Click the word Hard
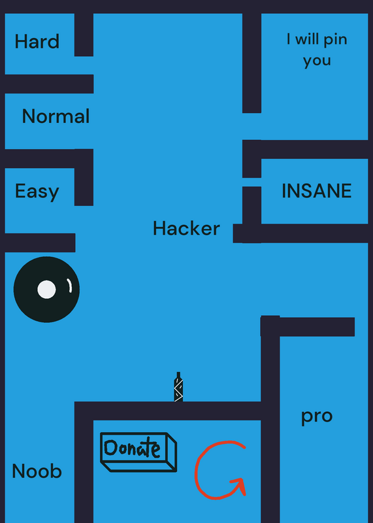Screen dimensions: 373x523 [x=37, y=41]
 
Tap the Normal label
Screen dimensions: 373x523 [x=56, y=116]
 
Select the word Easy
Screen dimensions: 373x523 [x=37, y=192]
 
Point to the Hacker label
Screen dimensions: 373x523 [x=186, y=228]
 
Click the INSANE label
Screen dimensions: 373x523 [x=316, y=191]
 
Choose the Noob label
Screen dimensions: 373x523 [x=37, y=471]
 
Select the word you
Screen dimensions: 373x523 [x=317, y=61]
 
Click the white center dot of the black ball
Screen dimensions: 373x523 [x=46, y=289]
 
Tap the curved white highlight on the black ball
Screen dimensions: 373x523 [x=69, y=286]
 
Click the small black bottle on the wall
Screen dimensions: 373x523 [x=178, y=387]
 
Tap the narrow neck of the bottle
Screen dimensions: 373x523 [x=178, y=375]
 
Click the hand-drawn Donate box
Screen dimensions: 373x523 [x=138, y=452]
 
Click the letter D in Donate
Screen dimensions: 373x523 [x=110, y=448]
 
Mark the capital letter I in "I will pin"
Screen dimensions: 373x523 [x=288, y=39]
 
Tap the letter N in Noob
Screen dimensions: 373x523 [x=18, y=471]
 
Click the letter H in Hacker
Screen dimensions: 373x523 [x=159, y=228]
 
